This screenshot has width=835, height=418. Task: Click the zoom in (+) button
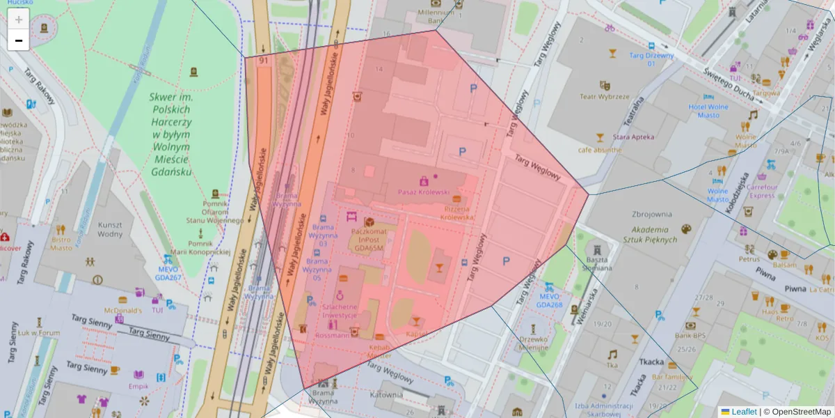19,19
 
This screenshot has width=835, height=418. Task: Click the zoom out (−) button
19,40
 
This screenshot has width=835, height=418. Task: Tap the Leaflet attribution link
743,412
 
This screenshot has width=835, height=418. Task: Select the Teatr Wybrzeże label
604,97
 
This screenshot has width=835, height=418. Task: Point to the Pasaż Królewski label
424,192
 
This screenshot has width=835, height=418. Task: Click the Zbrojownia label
651,215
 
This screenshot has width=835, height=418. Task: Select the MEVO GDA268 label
549,300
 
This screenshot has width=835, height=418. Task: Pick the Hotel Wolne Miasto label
708,111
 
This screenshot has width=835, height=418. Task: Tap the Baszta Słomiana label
596,262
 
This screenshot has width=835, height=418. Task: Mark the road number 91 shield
263,61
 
